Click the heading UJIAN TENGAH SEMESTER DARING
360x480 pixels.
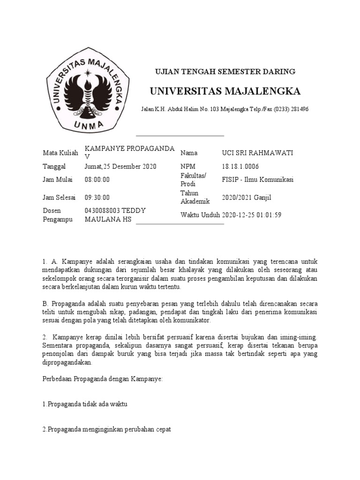[x=225, y=72]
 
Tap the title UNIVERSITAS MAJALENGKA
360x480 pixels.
[x=225, y=90]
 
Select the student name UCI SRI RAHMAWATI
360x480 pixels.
[x=257, y=153]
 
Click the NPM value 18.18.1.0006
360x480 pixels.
[x=240, y=166]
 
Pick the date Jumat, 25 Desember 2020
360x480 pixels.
[x=120, y=166]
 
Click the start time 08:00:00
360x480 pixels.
[x=97, y=180]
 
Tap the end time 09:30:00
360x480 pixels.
[x=97, y=197]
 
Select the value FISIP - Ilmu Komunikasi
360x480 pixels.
[x=257, y=180]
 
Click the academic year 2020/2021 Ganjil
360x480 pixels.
[x=247, y=197]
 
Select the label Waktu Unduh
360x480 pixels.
[x=200, y=215]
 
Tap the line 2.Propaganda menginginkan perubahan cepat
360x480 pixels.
[x=106, y=429]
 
